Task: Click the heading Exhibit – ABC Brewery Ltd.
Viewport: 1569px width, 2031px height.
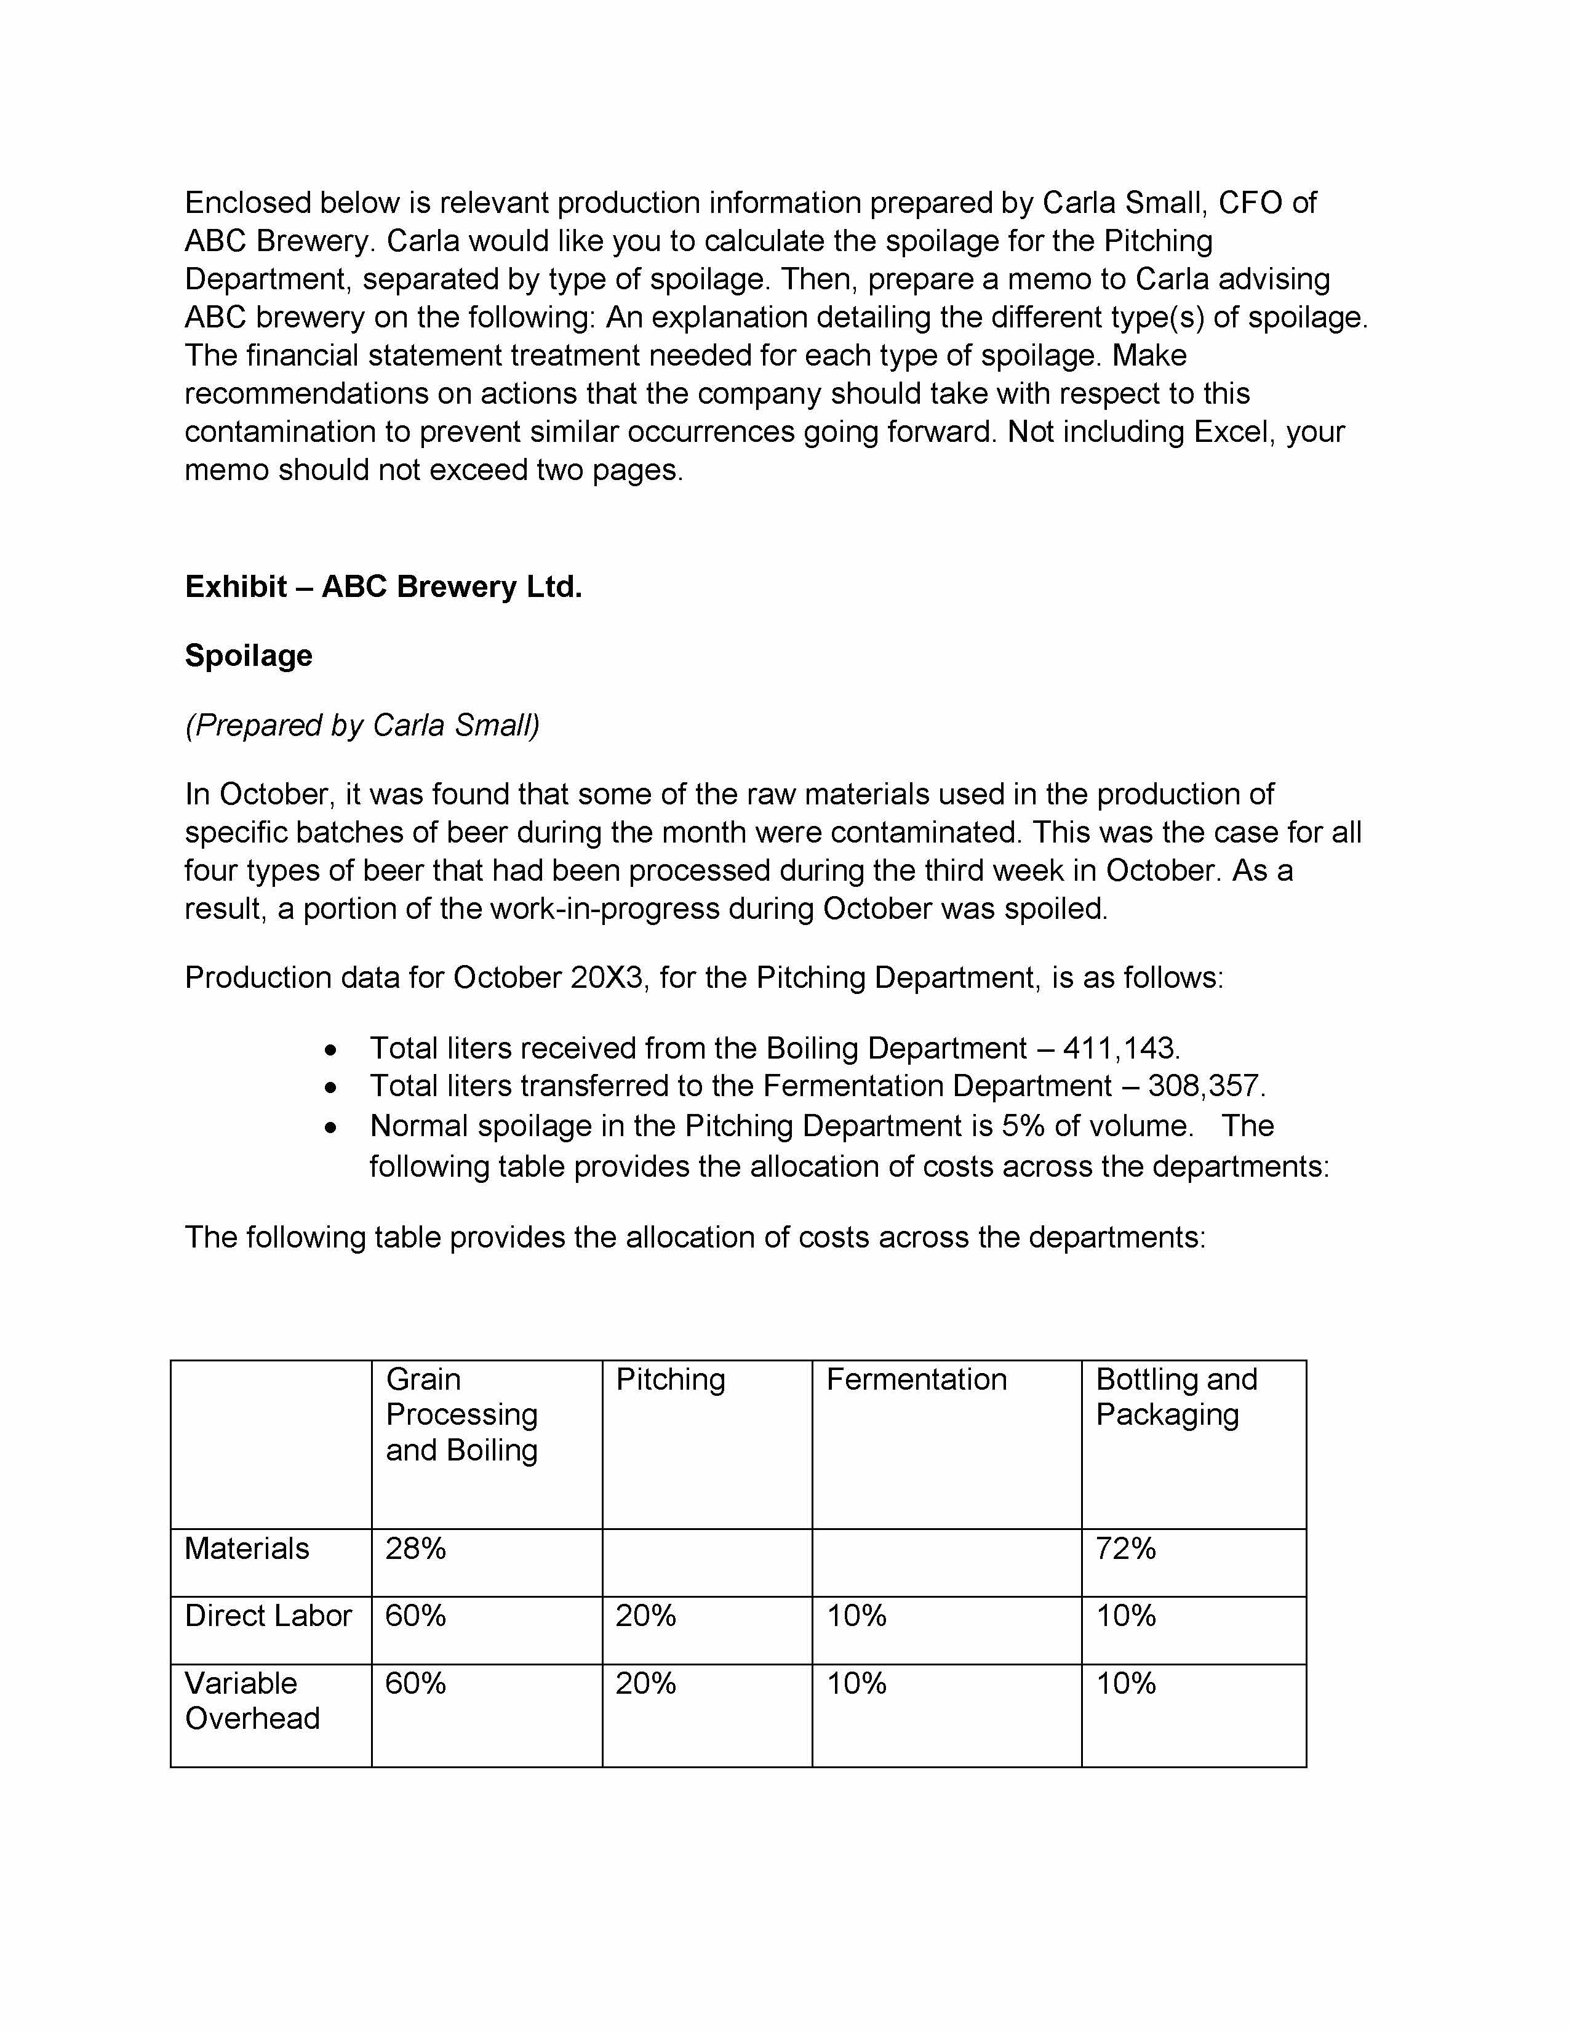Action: [x=383, y=587]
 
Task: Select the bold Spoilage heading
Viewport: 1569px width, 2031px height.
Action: [x=248, y=655]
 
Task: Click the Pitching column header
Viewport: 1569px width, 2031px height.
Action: [x=670, y=1379]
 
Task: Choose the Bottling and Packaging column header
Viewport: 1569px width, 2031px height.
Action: [x=1176, y=1397]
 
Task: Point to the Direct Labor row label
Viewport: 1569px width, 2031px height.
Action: [x=268, y=1616]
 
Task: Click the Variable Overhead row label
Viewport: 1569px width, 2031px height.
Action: [x=252, y=1701]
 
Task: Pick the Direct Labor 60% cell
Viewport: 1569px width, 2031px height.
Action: [x=415, y=1616]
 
